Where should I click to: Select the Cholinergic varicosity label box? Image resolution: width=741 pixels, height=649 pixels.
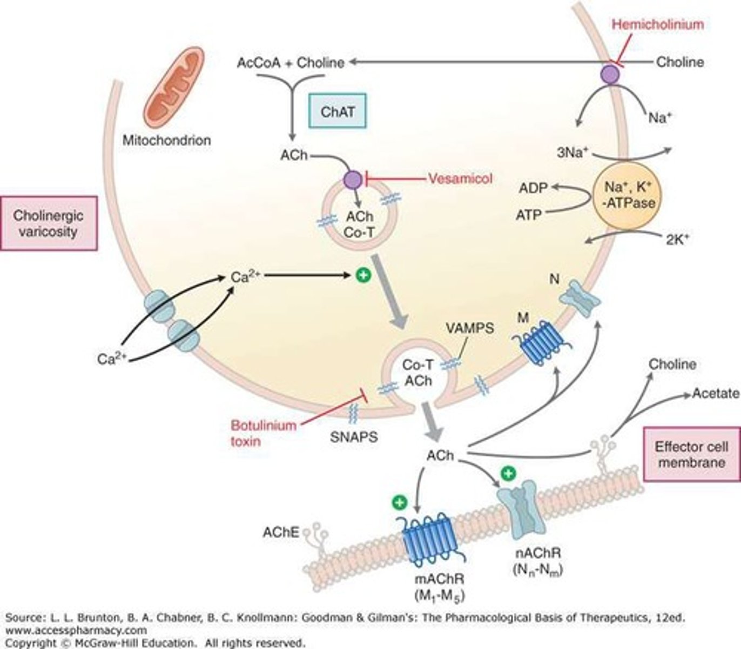(x=49, y=223)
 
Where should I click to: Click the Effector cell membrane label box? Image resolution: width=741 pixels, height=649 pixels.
(x=691, y=454)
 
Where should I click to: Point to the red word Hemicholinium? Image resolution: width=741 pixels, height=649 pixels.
(x=658, y=24)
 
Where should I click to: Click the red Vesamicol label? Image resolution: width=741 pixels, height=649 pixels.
(x=461, y=178)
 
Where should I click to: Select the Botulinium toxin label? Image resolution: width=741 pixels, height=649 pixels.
(x=256, y=433)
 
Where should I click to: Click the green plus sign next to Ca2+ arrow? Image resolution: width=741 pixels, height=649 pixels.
(x=363, y=276)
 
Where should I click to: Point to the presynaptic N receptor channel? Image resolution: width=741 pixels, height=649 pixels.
(x=579, y=297)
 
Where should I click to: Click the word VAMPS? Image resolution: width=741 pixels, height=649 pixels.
(x=469, y=328)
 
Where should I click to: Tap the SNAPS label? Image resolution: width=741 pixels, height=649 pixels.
(x=353, y=436)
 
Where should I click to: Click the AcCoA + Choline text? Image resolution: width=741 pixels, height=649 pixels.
(x=291, y=63)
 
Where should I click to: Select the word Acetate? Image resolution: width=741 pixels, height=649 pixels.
(x=715, y=393)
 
